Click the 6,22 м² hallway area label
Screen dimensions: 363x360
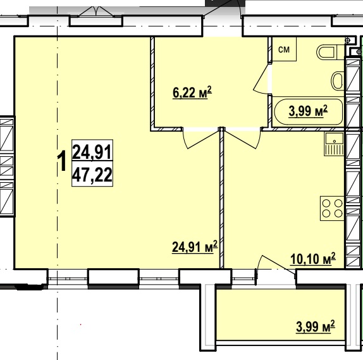pyautogui.click(x=192, y=92)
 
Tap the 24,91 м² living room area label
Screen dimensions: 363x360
pyautogui.click(x=195, y=247)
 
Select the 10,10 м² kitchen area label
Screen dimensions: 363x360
pyautogui.click(x=313, y=259)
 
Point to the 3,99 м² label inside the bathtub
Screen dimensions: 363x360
pyautogui.click(x=308, y=111)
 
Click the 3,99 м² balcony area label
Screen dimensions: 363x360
pyautogui.click(x=316, y=326)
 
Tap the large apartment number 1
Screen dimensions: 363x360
pyautogui.click(x=62, y=161)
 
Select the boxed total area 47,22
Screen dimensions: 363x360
pyautogui.click(x=92, y=175)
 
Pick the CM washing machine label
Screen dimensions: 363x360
pyautogui.click(x=284, y=49)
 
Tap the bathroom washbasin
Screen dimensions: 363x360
pyautogui.click(x=338, y=81)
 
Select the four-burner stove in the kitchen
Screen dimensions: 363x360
pyautogui.click(x=332, y=208)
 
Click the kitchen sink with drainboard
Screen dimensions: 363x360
pyautogui.click(x=335, y=144)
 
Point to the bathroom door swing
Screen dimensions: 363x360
pyautogui.click(x=262, y=78)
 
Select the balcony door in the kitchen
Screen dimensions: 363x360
pyautogui.click(x=276, y=267)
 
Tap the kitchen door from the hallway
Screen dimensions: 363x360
pyautogui.click(x=242, y=139)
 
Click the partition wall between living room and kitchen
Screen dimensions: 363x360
pyautogui.click(x=222, y=197)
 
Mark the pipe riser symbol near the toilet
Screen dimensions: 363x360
pyautogui.click(x=347, y=40)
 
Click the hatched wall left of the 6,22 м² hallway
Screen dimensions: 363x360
pyautogui.click(x=152, y=82)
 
